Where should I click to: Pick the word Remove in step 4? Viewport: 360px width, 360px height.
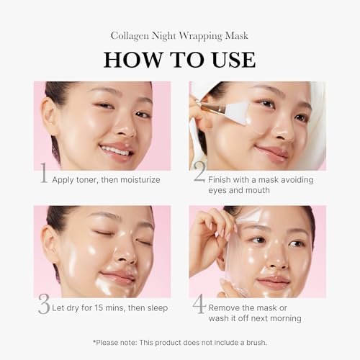[x=229, y=305]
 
